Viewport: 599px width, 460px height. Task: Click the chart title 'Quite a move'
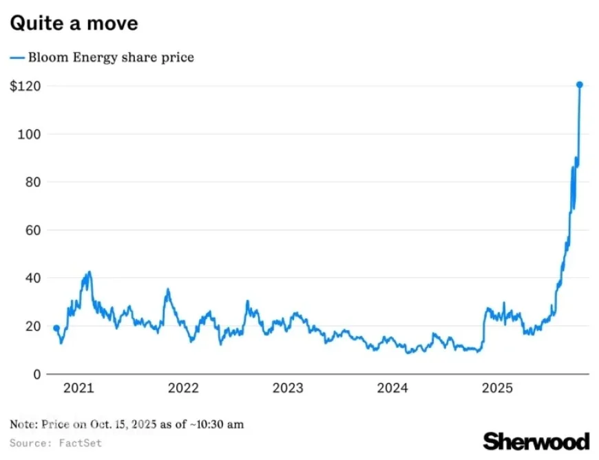[74, 23]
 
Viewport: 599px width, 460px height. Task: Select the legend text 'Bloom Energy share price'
[111, 58]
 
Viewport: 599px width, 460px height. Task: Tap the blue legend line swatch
[17, 58]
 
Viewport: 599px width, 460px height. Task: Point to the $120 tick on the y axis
[24, 86]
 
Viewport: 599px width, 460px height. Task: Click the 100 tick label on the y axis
[27, 134]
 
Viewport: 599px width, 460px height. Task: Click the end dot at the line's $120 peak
[580, 85]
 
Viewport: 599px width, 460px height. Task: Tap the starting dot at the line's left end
[56, 328]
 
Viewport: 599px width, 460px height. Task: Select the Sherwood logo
[536, 441]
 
